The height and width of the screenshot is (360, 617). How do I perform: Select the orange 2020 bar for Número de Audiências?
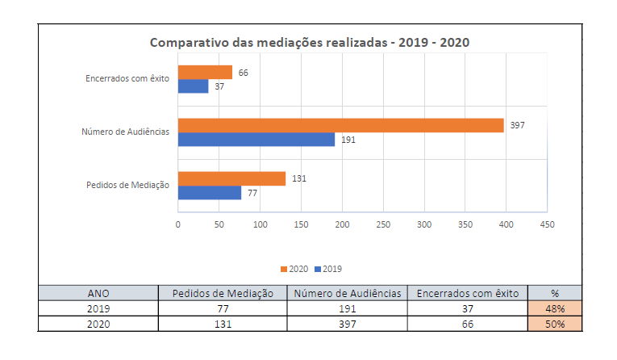coord(340,125)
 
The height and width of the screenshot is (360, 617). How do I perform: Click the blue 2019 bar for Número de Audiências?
coord(256,139)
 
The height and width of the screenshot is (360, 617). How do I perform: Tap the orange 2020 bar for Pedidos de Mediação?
coord(231,178)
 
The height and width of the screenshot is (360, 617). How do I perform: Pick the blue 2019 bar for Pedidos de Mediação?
coord(210,193)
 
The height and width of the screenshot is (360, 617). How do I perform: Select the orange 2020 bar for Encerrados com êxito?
coord(205,73)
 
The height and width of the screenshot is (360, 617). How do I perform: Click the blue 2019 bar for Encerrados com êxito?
coord(193,86)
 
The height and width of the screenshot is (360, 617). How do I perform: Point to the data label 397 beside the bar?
coord(517,125)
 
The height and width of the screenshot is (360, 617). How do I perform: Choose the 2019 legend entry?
coord(328,269)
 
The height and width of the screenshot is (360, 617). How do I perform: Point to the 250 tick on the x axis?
coord(383,224)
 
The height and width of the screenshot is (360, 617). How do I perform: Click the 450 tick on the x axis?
coord(547,224)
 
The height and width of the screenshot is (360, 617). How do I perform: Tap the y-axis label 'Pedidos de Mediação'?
coord(127,185)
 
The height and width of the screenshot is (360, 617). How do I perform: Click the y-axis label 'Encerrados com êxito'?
coord(127,79)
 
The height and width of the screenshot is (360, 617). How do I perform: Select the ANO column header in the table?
coord(98,293)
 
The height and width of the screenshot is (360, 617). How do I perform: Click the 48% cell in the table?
coord(554,308)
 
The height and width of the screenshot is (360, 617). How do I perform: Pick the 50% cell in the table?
coord(554,324)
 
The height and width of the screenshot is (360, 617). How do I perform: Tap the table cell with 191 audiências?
coord(347,308)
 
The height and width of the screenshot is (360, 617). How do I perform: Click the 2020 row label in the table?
coord(98,324)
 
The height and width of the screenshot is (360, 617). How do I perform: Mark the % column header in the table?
coord(554,293)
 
